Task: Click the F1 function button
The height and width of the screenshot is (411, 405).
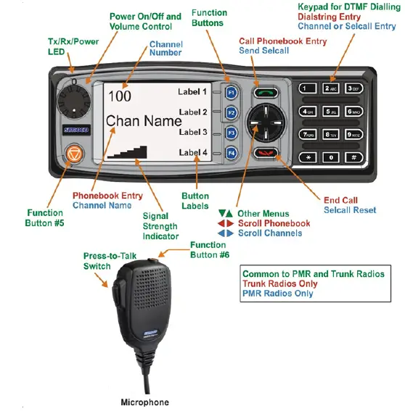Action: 231,94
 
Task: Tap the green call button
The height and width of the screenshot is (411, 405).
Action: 263,93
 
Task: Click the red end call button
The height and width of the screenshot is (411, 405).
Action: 263,153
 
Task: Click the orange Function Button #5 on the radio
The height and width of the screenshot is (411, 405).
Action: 74,154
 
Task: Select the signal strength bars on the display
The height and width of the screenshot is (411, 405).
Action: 128,151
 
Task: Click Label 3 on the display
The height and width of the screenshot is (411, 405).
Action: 193,133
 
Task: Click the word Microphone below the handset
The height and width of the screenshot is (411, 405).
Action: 144,402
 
